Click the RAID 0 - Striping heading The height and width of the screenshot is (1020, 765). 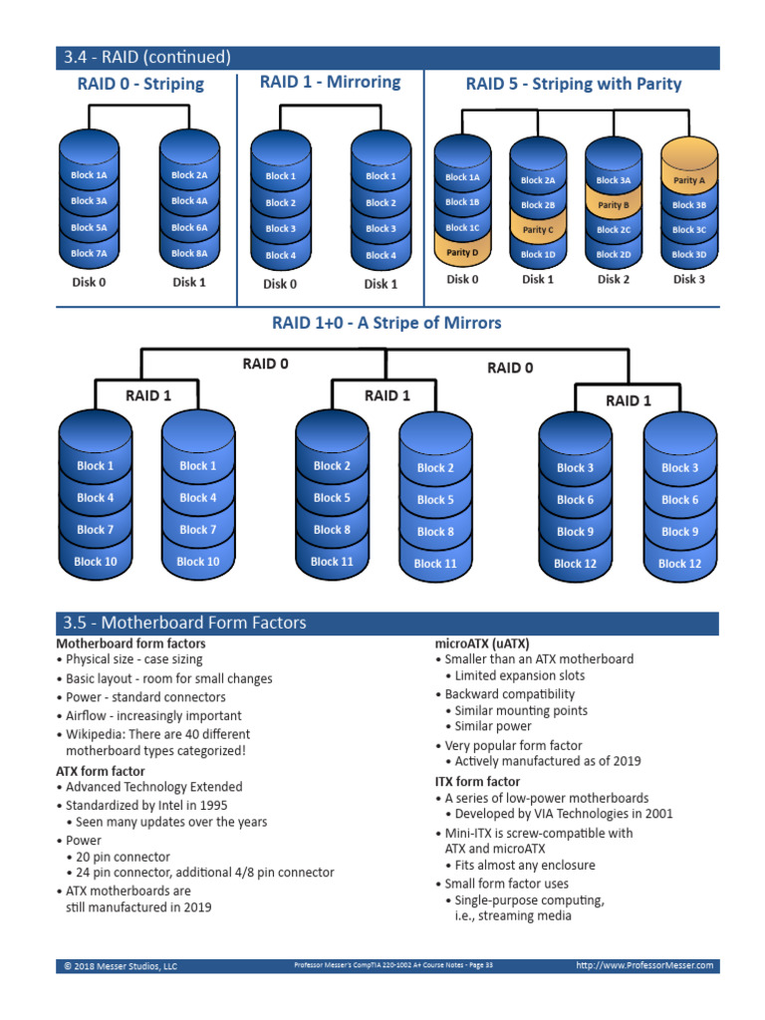point(140,84)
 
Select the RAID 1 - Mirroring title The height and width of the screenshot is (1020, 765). point(330,82)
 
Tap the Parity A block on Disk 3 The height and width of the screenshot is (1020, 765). point(688,180)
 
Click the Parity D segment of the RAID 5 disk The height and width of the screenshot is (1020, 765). point(462,252)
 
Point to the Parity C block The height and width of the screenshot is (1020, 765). point(537,229)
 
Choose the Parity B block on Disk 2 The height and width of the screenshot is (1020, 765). point(613,205)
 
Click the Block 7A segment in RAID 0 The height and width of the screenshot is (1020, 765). point(89,253)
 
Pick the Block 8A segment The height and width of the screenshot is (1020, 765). point(189,253)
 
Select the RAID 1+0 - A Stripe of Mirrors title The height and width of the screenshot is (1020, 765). point(386,323)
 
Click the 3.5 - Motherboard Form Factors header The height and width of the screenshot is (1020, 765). point(184,624)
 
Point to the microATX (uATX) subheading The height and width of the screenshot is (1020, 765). point(482,642)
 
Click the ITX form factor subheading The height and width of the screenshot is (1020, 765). point(477,781)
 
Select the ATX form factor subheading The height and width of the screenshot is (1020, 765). point(100,771)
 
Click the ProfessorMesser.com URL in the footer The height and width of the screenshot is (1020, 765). point(645,965)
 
